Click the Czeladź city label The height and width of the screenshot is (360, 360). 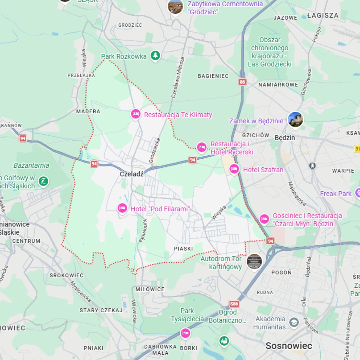[131, 174]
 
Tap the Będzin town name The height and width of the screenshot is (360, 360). [285, 138]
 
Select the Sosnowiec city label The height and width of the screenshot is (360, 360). [289, 346]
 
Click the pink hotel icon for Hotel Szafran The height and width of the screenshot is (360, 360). [234, 169]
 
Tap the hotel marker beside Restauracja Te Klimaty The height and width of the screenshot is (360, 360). [136, 114]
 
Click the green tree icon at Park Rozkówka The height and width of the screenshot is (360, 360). [155, 55]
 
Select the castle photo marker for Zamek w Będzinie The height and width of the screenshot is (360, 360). [295, 119]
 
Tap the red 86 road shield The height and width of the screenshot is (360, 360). [242, 82]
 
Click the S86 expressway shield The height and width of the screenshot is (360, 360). [234, 304]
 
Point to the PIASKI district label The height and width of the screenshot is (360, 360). [183, 249]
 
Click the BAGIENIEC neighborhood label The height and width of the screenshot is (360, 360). [213, 76]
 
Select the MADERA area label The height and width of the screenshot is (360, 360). [88, 112]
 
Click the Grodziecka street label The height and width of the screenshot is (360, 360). [155, 150]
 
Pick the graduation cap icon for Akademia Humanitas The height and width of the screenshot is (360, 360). [294, 322]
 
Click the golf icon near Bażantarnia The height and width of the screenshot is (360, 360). [44, 181]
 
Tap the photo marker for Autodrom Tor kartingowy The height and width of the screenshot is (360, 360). [254, 262]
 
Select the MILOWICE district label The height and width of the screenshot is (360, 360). [150, 289]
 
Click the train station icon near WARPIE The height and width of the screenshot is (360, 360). [312, 166]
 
